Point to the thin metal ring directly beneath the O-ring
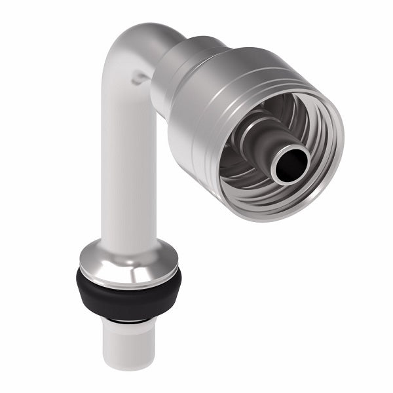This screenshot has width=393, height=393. tap(128, 319)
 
